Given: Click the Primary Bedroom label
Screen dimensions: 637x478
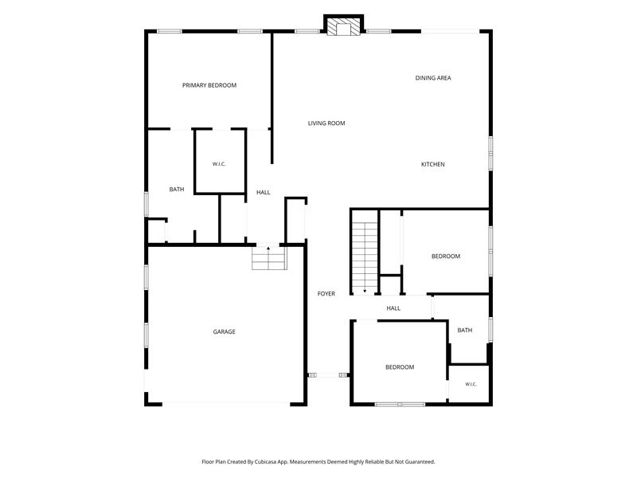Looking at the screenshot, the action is (209, 85).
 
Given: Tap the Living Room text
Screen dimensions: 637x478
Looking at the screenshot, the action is (326, 123).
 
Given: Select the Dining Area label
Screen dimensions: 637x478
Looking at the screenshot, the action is (433, 78).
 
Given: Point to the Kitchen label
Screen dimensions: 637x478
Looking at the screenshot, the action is (432, 164).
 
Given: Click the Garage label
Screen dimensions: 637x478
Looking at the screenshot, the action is (225, 331).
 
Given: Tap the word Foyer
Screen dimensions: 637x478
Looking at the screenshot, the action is (326, 293).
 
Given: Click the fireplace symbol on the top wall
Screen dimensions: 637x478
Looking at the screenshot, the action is (344, 25).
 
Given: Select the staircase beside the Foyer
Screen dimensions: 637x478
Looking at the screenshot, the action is (365, 257).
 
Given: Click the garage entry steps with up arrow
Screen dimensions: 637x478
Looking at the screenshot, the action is (269, 257).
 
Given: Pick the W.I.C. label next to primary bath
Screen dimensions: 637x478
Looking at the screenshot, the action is (219, 164).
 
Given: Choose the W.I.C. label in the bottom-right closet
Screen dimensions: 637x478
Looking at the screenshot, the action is (471, 384).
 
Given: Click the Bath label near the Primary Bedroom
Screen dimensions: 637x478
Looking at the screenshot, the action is (177, 190).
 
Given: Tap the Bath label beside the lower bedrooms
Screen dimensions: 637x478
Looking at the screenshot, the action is (465, 331).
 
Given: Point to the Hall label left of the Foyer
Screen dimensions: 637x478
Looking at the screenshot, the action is (264, 192).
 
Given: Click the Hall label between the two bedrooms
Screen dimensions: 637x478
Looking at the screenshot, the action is (393, 308).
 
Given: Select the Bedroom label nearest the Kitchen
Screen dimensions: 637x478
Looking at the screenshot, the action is (446, 256).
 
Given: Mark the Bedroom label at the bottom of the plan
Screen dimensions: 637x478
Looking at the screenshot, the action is (400, 367).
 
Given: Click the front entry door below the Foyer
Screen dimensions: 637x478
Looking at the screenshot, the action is (328, 375).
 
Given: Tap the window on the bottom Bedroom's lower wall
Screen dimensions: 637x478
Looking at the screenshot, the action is (400, 405).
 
